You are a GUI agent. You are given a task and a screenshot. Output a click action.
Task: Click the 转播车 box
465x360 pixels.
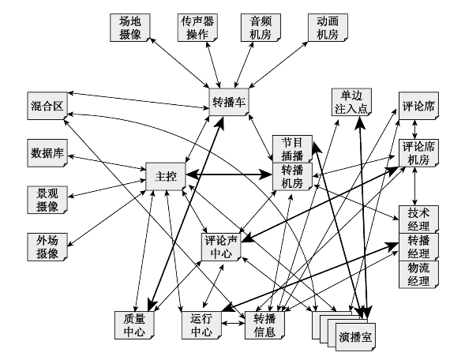229,102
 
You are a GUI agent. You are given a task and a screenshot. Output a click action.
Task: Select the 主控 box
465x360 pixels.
166,176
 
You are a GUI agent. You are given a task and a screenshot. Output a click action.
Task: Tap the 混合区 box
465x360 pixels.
47,106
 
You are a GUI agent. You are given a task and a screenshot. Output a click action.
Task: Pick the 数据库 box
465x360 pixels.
47,153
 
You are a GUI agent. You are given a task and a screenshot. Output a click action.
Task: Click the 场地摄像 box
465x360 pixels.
130,28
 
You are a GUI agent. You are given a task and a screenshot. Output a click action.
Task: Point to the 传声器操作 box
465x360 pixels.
197,28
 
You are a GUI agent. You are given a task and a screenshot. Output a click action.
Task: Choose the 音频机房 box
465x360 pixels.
261,28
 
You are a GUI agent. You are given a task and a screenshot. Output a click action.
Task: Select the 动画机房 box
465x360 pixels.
328,28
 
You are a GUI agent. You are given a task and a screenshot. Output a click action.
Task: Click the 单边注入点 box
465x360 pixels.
351,102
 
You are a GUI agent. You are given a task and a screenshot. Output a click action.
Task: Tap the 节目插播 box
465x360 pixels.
292,149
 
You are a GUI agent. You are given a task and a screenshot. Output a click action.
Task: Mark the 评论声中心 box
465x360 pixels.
221,247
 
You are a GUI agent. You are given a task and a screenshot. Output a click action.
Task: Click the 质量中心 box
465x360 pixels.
135,325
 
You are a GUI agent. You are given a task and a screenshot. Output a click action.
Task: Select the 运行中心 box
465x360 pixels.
201,325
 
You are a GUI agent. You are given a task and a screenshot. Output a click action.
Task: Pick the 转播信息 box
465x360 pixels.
264,325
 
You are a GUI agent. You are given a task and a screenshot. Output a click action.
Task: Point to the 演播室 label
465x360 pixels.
355,337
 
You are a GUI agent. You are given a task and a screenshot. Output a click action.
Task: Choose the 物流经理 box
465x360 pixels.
418,274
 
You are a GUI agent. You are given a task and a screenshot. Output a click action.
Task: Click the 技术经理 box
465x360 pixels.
418,219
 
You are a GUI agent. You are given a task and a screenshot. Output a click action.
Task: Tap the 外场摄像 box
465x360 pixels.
47,247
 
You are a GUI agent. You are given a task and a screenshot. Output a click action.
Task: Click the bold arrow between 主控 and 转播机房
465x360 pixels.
229,174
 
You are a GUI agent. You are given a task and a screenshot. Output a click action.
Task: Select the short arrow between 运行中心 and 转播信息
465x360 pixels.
234,323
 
